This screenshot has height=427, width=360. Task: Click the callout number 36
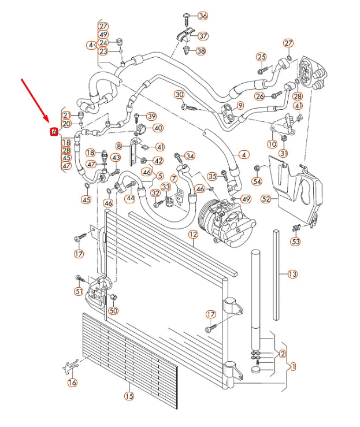203,16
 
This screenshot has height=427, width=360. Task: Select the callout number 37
203,36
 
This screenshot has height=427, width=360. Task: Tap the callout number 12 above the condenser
193,234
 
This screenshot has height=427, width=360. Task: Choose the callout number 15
129,396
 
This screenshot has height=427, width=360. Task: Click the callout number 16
72,382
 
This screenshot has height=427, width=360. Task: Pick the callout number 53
295,242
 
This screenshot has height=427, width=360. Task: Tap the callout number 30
179,95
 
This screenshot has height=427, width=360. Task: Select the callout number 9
240,105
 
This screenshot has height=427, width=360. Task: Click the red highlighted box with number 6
54,132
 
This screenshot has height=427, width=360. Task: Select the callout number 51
79,291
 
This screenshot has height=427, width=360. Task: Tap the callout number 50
113,311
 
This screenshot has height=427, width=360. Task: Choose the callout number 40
158,128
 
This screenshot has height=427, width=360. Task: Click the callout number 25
262,57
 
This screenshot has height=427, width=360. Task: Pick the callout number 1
293,366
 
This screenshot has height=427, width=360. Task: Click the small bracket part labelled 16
71,366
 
